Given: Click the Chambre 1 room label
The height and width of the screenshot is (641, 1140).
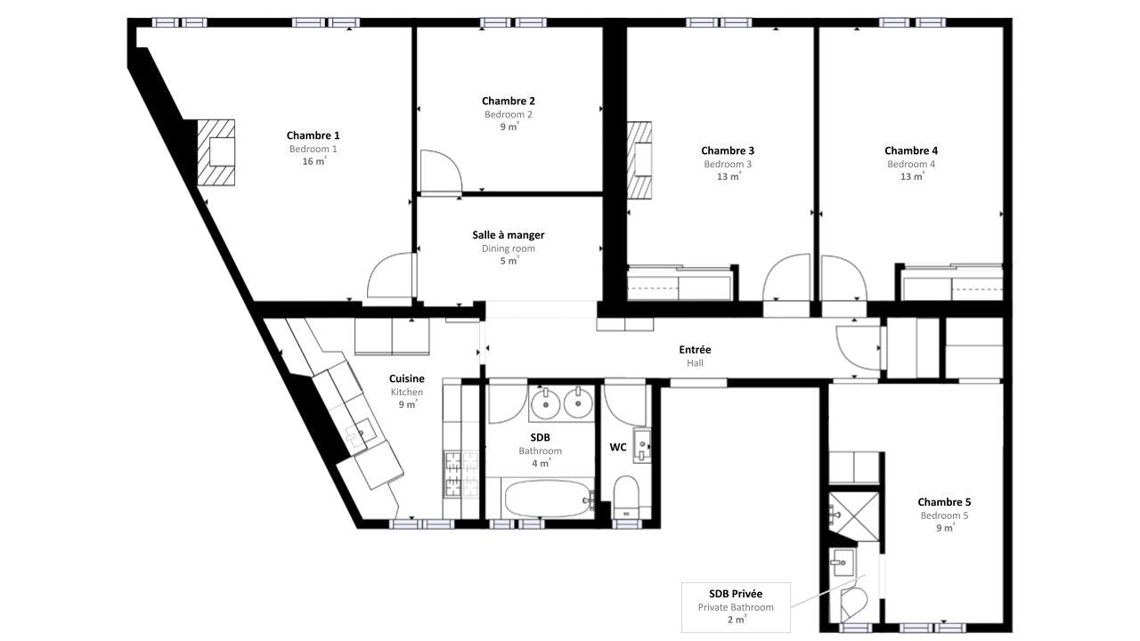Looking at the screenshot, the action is click(x=313, y=135).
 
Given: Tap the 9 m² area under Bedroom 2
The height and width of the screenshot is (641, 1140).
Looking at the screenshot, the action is click(x=509, y=126).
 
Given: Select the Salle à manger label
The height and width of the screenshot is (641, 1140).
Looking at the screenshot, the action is click(x=509, y=235).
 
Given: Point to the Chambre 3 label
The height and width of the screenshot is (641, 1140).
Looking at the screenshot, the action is click(x=728, y=150).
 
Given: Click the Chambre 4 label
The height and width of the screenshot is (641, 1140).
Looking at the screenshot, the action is click(x=911, y=150).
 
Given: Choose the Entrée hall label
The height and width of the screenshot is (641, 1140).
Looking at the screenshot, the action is click(x=696, y=350).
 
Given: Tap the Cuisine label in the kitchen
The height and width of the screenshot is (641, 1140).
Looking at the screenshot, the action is click(x=407, y=378).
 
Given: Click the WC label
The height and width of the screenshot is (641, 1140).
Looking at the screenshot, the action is click(x=618, y=447).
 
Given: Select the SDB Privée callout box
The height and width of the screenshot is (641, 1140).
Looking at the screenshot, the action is click(x=736, y=607).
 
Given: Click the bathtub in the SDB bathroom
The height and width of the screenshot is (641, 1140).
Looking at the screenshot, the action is click(x=548, y=499).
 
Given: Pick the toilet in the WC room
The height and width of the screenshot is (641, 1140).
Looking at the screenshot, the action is click(x=625, y=497).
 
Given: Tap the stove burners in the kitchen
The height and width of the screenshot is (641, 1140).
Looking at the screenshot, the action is click(x=461, y=475).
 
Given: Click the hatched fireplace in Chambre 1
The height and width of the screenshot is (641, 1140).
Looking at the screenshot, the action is click(x=216, y=152).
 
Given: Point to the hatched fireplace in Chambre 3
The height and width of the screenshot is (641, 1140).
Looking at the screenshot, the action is click(x=639, y=160).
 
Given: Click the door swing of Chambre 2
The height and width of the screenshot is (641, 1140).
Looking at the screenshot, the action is click(x=441, y=172).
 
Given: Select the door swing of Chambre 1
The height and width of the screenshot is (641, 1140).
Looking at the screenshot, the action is click(x=390, y=275).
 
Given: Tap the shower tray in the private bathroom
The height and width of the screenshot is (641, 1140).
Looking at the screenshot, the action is click(x=854, y=516).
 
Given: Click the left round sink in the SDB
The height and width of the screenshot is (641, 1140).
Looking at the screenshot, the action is click(x=546, y=404).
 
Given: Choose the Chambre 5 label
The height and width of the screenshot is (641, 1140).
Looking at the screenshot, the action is click(x=944, y=502).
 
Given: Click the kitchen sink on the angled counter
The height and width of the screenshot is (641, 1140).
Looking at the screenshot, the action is click(x=361, y=434).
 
